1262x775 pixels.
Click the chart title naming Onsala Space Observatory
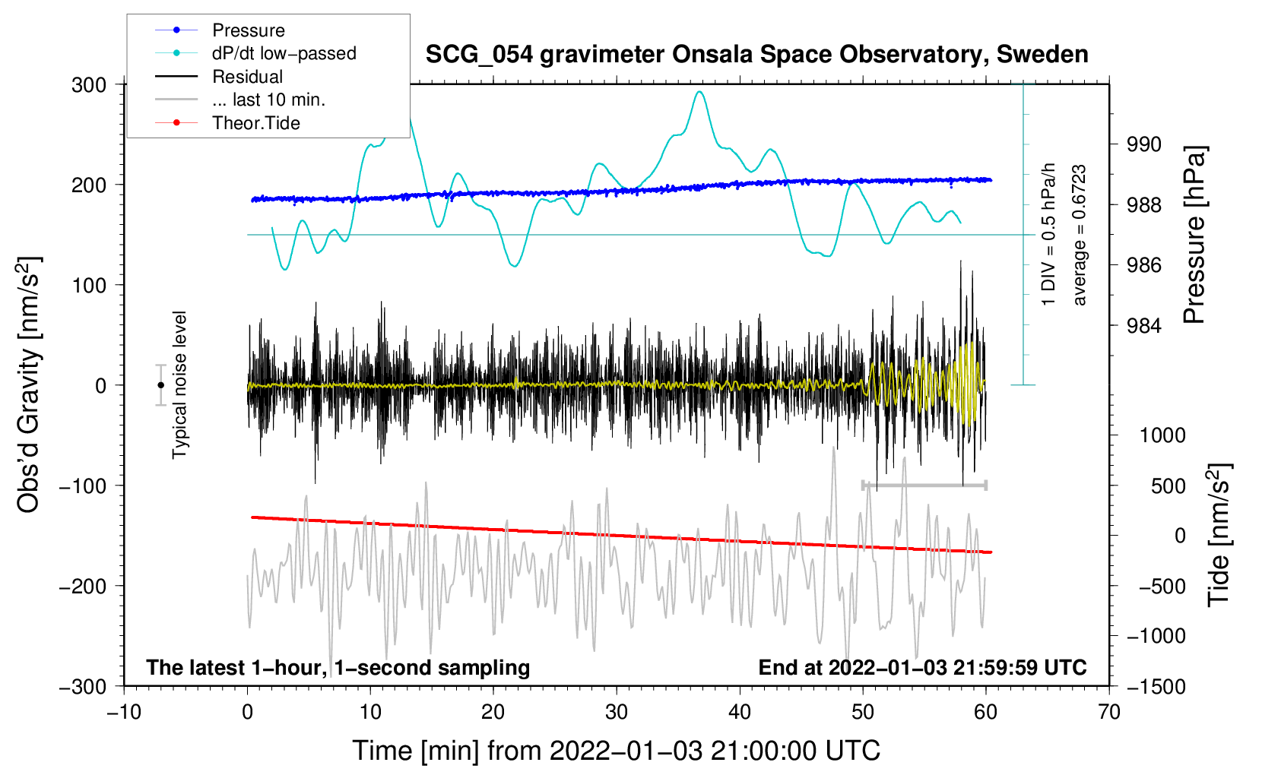pos(756,55)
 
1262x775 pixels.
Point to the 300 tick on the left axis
pos(89,85)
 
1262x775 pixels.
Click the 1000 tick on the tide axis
pos(1162,435)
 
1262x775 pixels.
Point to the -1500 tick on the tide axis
pos(1156,686)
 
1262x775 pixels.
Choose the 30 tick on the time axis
pos(617,712)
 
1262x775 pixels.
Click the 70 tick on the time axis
pos(1109,712)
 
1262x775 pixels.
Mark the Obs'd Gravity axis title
pos(28,385)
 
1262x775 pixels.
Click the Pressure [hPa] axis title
pos(1195,236)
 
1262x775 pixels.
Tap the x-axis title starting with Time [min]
pos(617,751)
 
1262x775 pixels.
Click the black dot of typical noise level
pos(161,385)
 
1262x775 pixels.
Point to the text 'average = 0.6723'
pos(1080,236)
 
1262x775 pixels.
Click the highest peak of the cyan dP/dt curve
pos(699,92)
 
